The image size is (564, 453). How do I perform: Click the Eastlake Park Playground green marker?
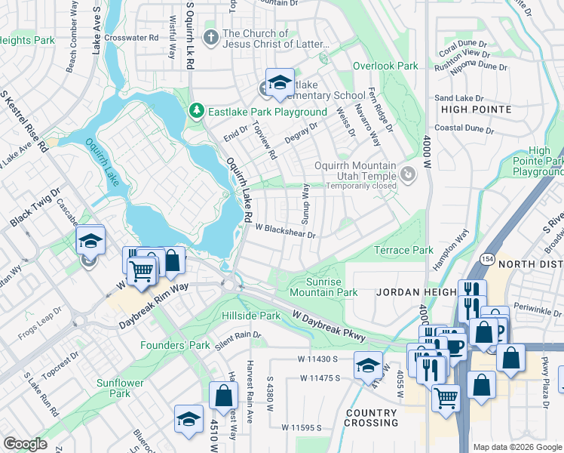click(x=197, y=112)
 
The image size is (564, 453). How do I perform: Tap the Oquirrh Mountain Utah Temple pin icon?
click(x=408, y=175)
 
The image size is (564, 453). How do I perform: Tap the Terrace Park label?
click(x=404, y=250)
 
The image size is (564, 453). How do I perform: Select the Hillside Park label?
click(x=251, y=316)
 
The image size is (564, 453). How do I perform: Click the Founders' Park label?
click(x=175, y=345)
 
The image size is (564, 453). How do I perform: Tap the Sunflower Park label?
click(x=119, y=388)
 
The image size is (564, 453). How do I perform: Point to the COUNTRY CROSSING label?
click(x=371, y=418)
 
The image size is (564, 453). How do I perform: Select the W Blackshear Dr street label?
click(x=284, y=230)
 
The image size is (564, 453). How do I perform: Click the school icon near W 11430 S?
click(x=367, y=365)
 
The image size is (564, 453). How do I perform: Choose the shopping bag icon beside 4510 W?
click(x=224, y=394)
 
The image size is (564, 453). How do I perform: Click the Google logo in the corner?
click(x=25, y=444)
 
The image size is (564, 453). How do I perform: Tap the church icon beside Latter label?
click(x=211, y=35)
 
